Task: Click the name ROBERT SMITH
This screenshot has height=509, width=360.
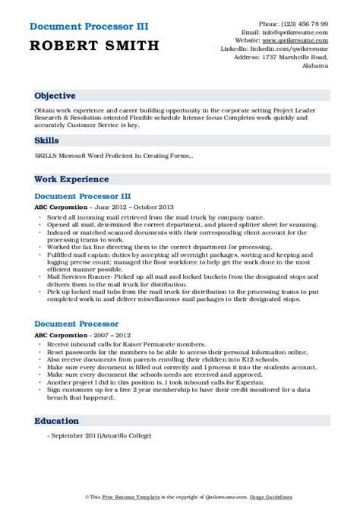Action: (96, 46)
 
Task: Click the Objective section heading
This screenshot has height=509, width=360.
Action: (55, 96)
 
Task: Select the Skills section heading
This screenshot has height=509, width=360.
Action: (46, 141)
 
